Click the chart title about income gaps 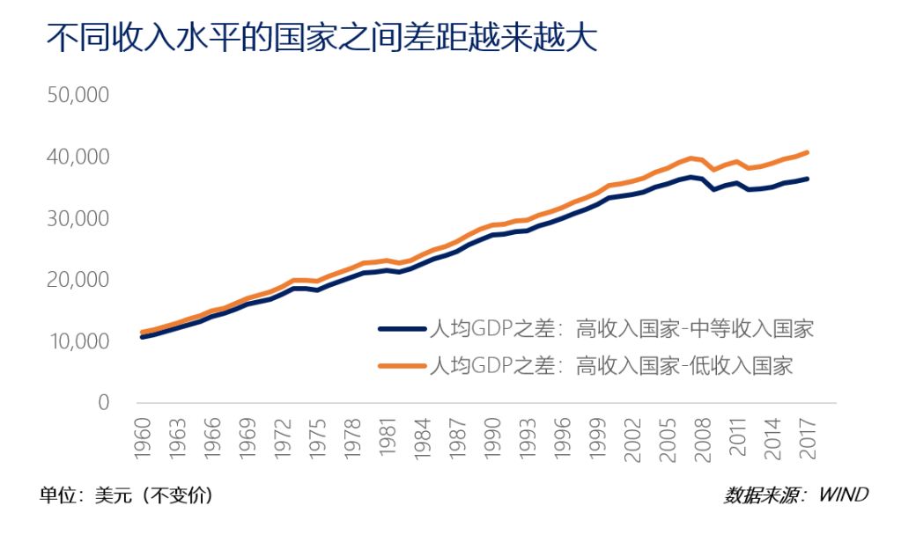point(321,39)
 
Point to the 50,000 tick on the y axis point(77,95)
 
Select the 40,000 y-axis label point(77,157)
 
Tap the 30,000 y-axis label point(77,218)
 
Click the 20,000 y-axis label point(77,280)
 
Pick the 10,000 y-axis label point(77,341)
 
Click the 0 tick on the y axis point(102,403)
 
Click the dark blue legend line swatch point(401,329)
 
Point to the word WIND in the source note point(843,495)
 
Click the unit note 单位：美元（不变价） point(126,495)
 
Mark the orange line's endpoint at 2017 point(808,152)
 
